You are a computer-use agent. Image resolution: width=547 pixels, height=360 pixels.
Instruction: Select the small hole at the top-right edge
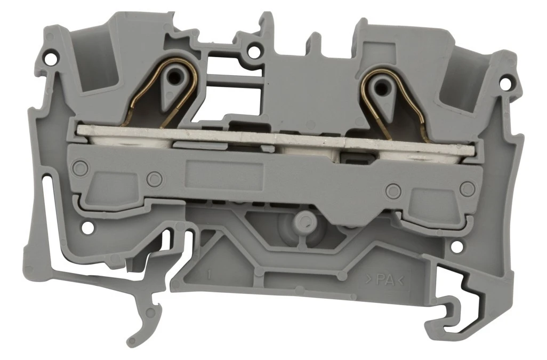(505, 83)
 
